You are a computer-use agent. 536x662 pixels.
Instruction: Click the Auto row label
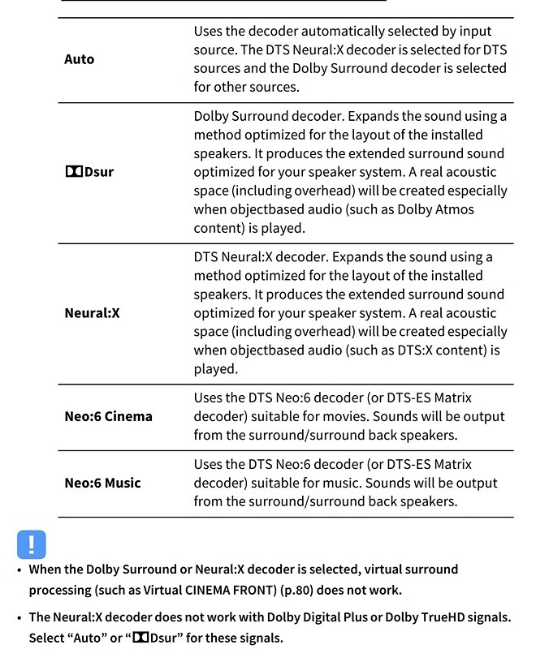click(80, 59)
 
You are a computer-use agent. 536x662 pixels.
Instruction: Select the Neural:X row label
click(92, 312)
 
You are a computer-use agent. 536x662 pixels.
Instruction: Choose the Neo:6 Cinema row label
click(108, 416)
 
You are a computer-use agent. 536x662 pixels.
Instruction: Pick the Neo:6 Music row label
click(102, 483)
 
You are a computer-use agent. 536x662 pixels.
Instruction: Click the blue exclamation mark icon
click(32, 544)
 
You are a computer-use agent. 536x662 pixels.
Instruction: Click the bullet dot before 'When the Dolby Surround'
click(19, 570)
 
